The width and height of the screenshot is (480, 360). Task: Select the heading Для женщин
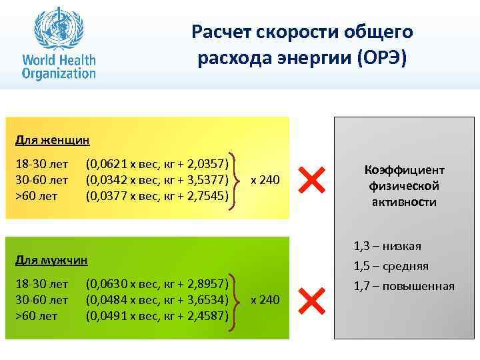click(x=53, y=141)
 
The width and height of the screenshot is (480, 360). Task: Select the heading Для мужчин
click(x=52, y=259)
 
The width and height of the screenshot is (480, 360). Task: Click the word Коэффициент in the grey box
click(x=404, y=170)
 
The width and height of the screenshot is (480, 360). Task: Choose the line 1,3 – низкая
click(x=387, y=247)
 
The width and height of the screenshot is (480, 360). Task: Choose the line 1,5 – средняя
click(x=391, y=267)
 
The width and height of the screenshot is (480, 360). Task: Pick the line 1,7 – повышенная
click(x=404, y=286)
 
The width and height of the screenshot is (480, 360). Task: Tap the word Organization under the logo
click(x=59, y=71)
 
